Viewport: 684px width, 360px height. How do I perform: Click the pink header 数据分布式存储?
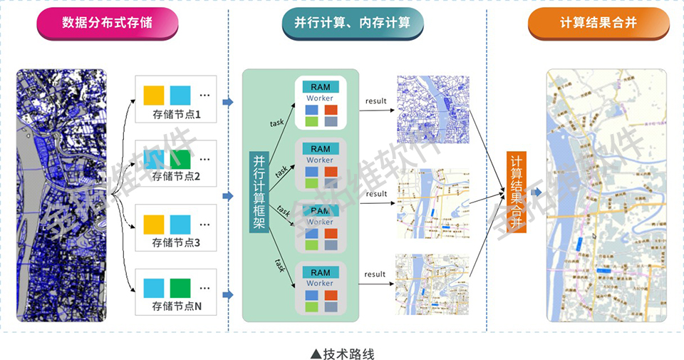click(x=107, y=23)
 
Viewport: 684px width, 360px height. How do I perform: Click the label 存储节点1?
click(x=177, y=114)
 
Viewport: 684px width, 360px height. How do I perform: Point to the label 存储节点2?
click(x=177, y=176)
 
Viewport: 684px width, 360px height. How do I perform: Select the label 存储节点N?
click(x=177, y=307)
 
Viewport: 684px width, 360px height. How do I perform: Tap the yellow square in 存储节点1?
click(x=153, y=95)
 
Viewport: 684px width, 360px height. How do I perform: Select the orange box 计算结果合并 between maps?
click(x=516, y=191)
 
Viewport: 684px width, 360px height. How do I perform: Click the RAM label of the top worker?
click(x=321, y=87)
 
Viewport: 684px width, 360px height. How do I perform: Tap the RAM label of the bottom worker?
click(x=321, y=272)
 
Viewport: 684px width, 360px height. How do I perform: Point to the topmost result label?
click(x=375, y=101)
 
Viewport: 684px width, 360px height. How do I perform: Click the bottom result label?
click(x=375, y=274)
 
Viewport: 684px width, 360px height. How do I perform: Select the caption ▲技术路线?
click(x=342, y=354)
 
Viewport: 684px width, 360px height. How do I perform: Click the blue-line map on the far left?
click(x=61, y=195)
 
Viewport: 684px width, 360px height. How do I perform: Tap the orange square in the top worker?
click(x=331, y=110)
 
